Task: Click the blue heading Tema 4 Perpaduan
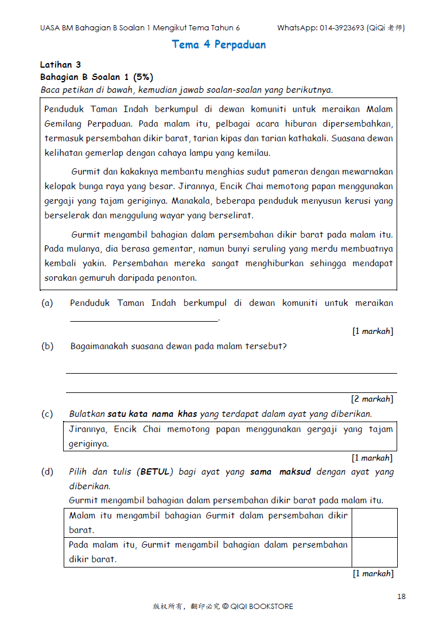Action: (218, 45)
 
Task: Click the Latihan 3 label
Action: (60, 65)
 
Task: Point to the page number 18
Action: (401, 596)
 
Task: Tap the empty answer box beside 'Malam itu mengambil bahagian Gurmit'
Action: (374, 523)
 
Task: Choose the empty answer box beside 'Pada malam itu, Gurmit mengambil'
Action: (374, 552)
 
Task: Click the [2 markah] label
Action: (371, 399)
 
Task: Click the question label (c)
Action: (47, 414)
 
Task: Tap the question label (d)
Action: (47, 472)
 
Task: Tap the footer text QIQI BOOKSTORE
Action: (262, 607)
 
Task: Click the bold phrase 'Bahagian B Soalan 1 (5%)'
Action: (96, 77)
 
